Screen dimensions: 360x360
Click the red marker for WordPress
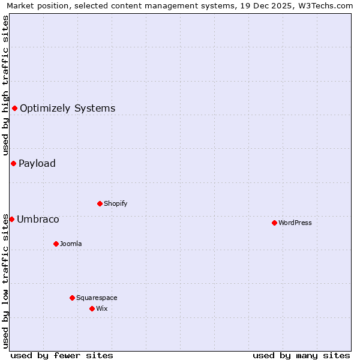274,223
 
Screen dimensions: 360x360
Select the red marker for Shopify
100,203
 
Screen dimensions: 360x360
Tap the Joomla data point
56,244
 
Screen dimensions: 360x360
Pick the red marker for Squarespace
72,298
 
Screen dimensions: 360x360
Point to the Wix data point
92,308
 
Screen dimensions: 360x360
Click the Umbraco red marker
11,219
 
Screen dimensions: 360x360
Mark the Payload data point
13,163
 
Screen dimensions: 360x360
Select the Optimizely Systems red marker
14,108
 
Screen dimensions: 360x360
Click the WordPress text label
295,223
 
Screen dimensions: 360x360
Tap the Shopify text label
116,203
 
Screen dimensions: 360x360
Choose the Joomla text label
71,244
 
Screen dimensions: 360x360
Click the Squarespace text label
97,298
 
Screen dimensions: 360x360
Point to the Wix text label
101,308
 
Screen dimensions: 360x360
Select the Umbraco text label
38,219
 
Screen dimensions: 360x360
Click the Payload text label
37,163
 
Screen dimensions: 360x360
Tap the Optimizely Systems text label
68,108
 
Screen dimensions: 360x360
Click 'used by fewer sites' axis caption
62,355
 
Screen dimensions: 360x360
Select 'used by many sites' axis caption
301,355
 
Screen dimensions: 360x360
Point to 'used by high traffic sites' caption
6,85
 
